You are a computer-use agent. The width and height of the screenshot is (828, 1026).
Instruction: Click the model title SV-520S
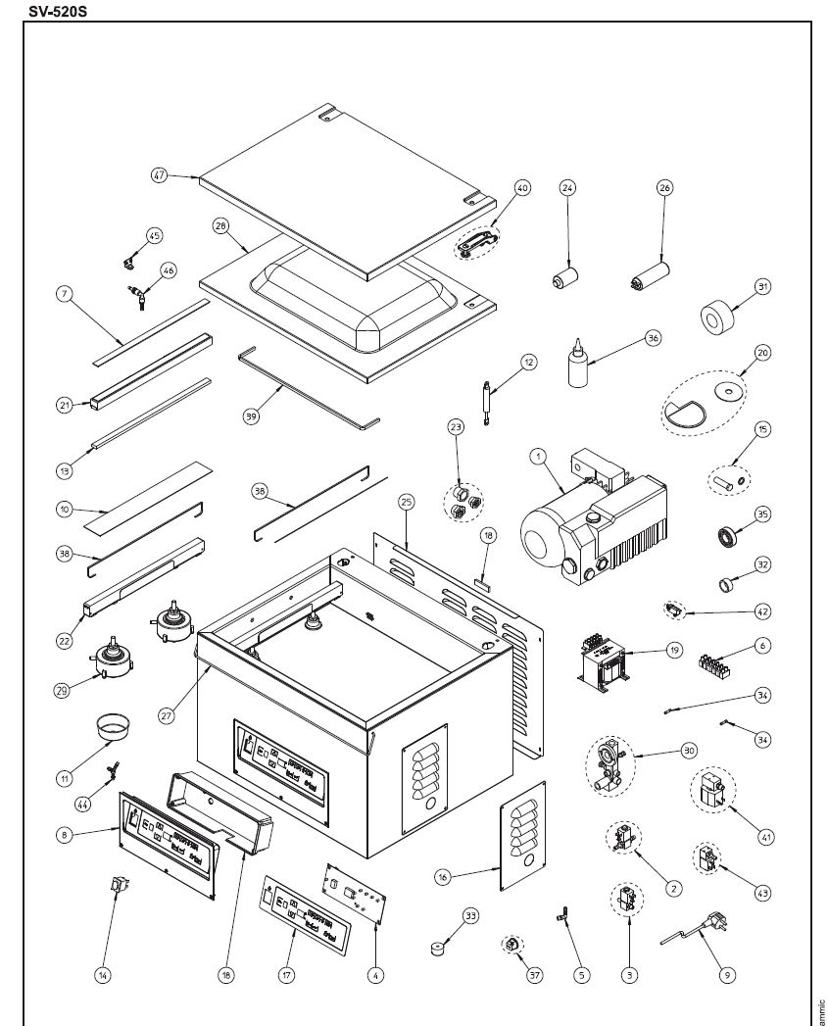57,10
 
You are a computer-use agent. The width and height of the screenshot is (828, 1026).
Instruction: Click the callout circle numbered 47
160,175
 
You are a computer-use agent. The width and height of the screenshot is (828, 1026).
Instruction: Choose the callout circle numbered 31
762,287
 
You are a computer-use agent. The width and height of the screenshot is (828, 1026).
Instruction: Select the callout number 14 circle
103,974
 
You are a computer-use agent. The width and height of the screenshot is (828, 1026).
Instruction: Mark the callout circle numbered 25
407,502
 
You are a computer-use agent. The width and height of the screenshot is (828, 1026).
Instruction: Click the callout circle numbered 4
376,974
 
